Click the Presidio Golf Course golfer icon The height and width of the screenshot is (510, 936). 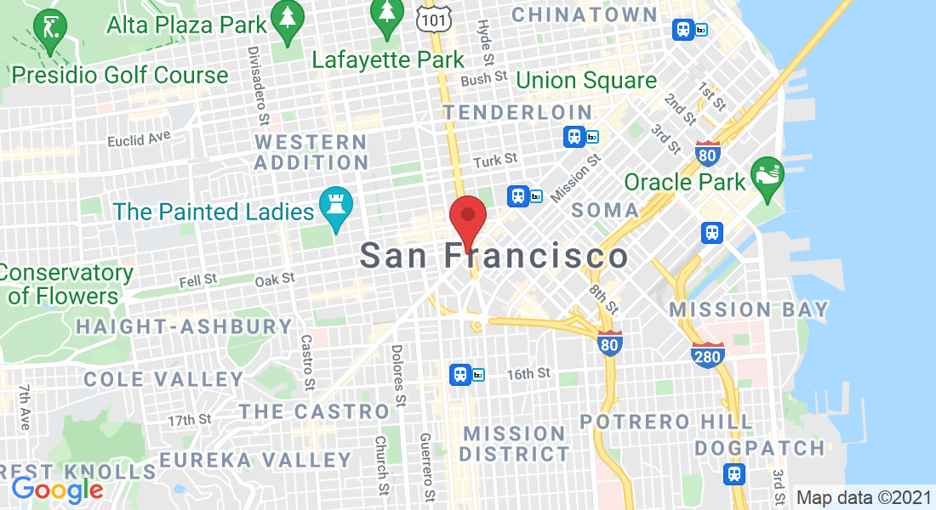[x=53, y=27]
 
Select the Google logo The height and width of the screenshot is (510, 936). [x=57, y=490]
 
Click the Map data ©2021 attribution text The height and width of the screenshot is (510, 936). [x=861, y=497]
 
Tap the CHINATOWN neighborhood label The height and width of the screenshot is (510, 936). [x=585, y=14]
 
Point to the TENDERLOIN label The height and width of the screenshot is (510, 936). [x=517, y=112]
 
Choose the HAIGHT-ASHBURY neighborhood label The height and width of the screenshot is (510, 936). [x=185, y=326]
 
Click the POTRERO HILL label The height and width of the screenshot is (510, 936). [x=666, y=422]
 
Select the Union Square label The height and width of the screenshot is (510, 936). [x=586, y=81]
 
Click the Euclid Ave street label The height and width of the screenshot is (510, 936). [x=139, y=138]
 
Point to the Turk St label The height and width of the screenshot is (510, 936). [x=495, y=160]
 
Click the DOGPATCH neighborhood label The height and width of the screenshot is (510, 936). [x=760, y=448]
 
